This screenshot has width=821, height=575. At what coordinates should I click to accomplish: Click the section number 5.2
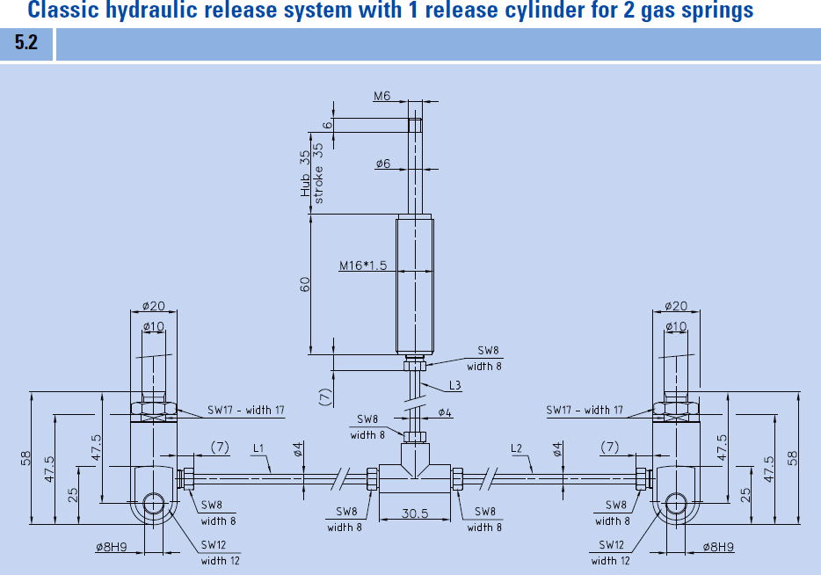[x=26, y=44]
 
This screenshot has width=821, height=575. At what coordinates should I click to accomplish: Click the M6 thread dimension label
[x=381, y=97]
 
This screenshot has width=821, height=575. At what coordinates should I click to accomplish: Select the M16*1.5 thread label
[x=364, y=265]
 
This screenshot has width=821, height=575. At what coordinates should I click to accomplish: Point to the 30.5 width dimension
[x=415, y=513]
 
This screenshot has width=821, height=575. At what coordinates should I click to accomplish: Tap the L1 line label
[x=258, y=449]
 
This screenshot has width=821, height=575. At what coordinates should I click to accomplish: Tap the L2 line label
[x=518, y=449]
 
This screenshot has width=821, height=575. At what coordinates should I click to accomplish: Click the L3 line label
[x=454, y=386]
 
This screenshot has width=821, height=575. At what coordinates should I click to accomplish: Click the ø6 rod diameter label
[x=382, y=164]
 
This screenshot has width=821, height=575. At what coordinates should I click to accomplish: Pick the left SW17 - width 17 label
[x=246, y=411]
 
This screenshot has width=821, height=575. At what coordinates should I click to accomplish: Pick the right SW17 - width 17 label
[x=584, y=411]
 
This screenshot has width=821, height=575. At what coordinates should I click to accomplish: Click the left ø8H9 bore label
[x=111, y=547]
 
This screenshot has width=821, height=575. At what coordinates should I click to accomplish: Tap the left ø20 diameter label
[x=155, y=306]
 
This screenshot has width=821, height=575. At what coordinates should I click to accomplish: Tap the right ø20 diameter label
[x=675, y=306]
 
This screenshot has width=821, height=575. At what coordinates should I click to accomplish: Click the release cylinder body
[x=415, y=284]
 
